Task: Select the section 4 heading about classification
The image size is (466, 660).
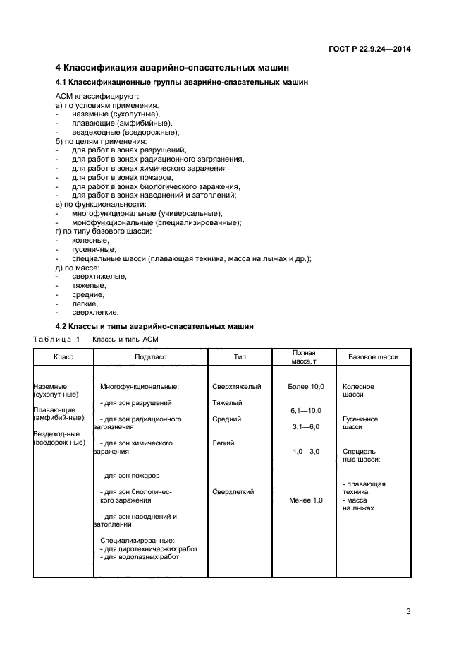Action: (x=172, y=68)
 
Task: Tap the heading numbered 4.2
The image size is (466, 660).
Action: (x=154, y=326)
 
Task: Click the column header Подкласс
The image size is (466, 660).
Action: (x=150, y=357)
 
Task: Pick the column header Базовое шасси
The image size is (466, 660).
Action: (x=373, y=357)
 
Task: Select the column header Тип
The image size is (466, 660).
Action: (x=240, y=357)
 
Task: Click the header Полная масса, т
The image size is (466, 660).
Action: (x=304, y=356)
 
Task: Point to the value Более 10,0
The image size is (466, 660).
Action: (x=305, y=387)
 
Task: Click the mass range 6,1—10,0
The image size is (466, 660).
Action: (x=305, y=410)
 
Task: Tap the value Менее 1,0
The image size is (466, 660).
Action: (x=305, y=500)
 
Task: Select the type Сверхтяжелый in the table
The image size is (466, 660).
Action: (x=236, y=387)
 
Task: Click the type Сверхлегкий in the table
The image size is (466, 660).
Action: (x=233, y=492)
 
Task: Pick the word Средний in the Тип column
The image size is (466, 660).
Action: (x=226, y=419)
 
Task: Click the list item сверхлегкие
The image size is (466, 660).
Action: (x=95, y=313)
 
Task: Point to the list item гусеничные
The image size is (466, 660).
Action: (x=94, y=249)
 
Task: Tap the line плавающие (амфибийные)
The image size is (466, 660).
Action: (x=117, y=123)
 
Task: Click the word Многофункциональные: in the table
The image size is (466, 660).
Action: (x=140, y=387)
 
